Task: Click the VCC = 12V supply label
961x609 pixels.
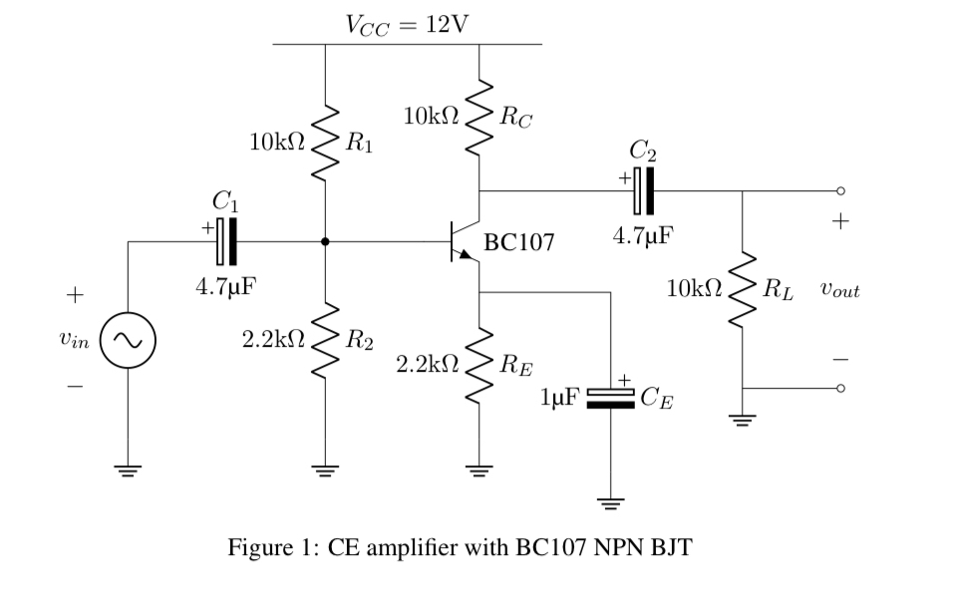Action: pyautogui.click(x=406, y=23)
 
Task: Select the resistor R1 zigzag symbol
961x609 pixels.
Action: pyautogui.click(x=325, y=144)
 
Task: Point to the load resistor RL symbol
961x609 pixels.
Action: pyautogui.click(x=742, y=291)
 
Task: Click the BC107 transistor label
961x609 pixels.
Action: pyautogui.click(x=518, y=242)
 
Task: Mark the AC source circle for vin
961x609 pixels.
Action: pyautogui.click(x=127, y=341)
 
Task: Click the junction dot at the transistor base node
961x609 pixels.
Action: pyautogui.click(x=325, y=241)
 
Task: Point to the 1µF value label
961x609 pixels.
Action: pyautogui.click(x=556, y=401)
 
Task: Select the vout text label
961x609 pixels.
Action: pyautogui.click(x=838, y=292)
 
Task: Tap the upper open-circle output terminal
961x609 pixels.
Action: pyautogui.click(x=840, y=190)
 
